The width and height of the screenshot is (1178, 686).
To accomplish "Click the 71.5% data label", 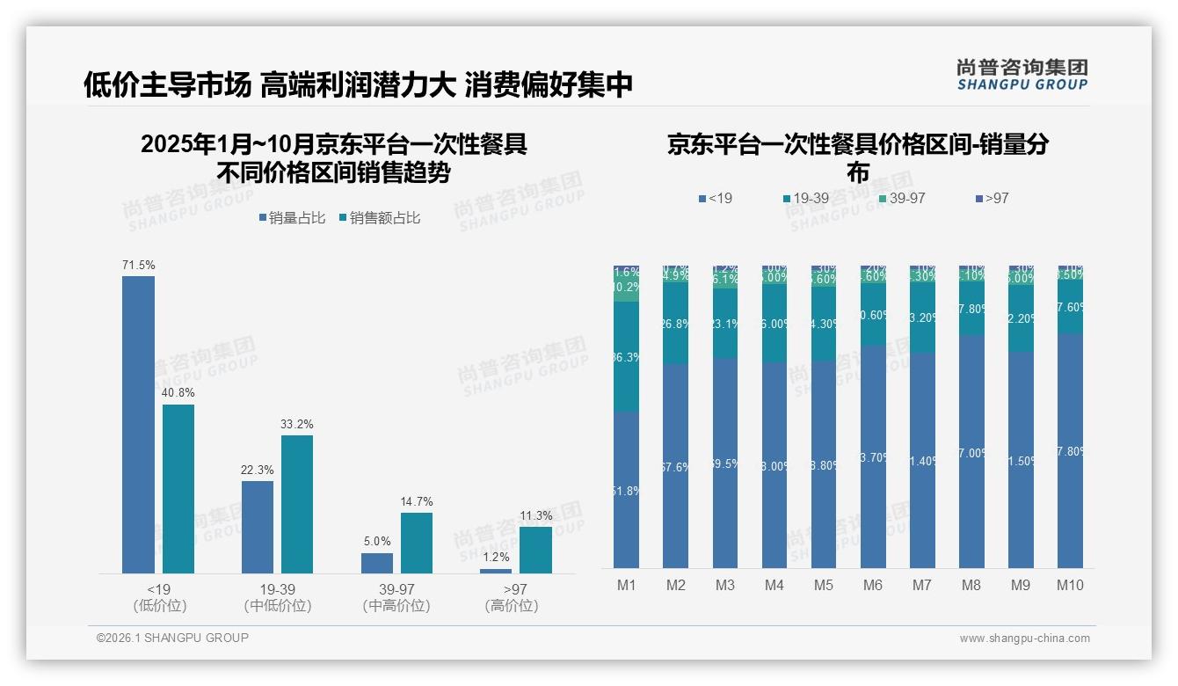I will pos(138,265).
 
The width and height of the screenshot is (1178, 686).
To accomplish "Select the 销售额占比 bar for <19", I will pos(178,488).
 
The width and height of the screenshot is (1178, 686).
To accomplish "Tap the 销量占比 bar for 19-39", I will pos(258,527).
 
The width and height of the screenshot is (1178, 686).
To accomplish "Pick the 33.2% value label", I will pos(297,424).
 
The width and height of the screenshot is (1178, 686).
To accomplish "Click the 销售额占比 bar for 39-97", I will pos(417,543).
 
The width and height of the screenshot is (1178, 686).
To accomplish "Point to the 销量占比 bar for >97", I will pos(496,571).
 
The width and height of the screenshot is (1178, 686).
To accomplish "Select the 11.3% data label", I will pos(535,515).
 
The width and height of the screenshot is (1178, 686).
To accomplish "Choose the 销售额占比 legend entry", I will pos(379,218).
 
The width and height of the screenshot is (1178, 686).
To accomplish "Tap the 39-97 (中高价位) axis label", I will pos(396,597).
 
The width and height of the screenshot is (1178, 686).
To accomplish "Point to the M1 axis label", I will pos(626,585).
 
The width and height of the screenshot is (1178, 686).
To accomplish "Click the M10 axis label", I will pos(1070,585).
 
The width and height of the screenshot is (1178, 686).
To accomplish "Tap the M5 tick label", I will pos(823,585).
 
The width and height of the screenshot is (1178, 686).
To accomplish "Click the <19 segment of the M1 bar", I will pos(626,489).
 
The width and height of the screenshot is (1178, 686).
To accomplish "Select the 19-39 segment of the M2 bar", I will pos(675,324).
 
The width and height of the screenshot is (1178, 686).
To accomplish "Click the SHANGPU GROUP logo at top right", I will pos(1022,75).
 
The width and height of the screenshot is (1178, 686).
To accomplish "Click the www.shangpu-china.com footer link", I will pos(1024,639).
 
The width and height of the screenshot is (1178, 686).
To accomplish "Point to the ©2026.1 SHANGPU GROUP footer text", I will pos(172,638).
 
